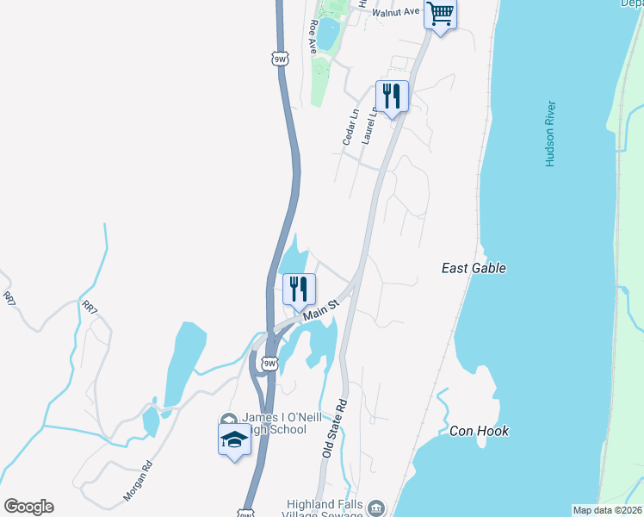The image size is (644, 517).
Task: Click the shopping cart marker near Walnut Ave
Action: pyautogui.click(x=440, y=14)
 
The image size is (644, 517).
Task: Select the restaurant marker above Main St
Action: pyautogui.click(x=299, y=289)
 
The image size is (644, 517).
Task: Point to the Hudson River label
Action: pyautogui.click(x=550, y=134)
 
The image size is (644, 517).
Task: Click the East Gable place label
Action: pyautogui.click(x=473, y=268)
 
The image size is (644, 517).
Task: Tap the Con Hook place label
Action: pyautogui.click(x=479, y=431)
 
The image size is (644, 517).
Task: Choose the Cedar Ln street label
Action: pyautogui.click(x=350, y=127)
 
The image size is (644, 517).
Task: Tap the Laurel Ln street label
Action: pyautogui.click(x=370, y=123)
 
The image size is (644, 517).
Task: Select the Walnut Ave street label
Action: pyautogui.click(x=396, y=11)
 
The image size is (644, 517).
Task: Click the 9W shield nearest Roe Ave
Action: pyautogui.click(x=279, y=59)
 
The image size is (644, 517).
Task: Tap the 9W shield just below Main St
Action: pyautogui.click(x=270, y=364)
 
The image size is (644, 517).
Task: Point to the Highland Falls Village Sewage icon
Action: pyautogui.click(x=376, y=507)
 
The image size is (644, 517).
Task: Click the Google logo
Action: pyautogui.click(x=28, y=507)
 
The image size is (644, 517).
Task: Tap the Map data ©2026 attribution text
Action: pyautogui.click(x=607, y=510)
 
